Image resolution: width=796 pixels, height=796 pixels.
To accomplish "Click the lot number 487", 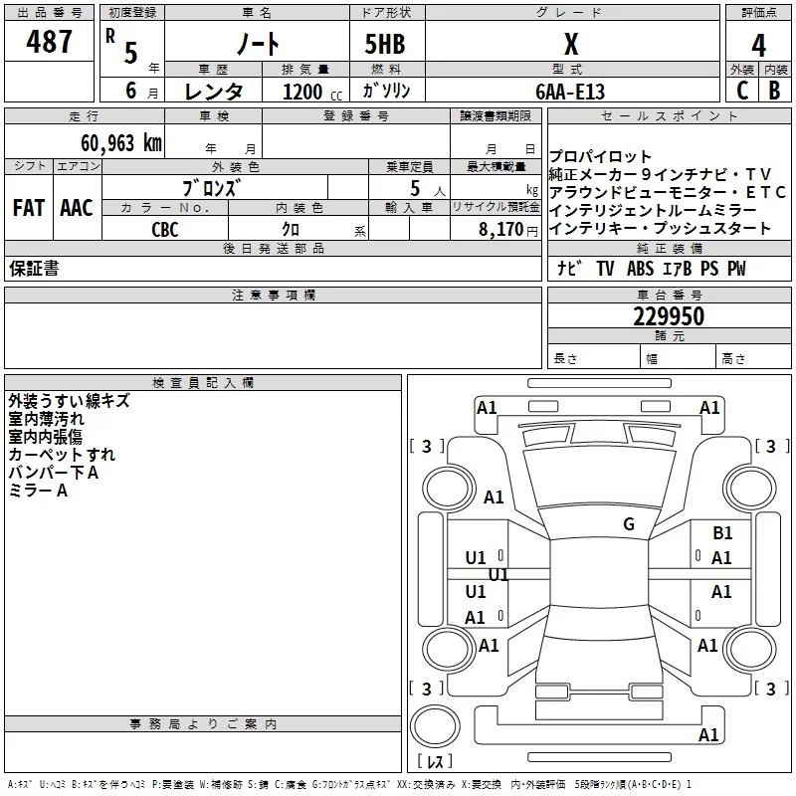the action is [49, 42].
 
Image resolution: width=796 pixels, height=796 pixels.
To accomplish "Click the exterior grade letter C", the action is [741, 90].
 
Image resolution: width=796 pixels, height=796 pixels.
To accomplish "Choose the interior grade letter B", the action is [774, 90].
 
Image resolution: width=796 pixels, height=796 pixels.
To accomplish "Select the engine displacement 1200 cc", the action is [310, 92].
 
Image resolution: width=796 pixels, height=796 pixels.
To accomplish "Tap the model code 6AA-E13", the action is [569, 92].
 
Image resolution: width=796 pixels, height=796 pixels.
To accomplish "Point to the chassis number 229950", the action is [669, 316].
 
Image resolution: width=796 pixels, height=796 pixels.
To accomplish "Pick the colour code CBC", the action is [165, 229].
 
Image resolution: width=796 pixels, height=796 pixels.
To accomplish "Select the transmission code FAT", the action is [28, 208].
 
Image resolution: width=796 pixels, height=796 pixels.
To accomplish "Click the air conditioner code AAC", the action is [77, 208].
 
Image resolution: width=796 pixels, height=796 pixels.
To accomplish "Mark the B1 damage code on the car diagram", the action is [722, 533].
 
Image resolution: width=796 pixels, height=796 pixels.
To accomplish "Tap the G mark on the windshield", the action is [629, 524].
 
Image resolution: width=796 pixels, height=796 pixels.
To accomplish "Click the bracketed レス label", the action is [435, 762].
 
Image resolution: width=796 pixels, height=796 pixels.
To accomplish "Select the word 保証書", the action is [34, 269].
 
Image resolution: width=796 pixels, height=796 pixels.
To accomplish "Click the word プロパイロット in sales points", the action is [601, 156].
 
